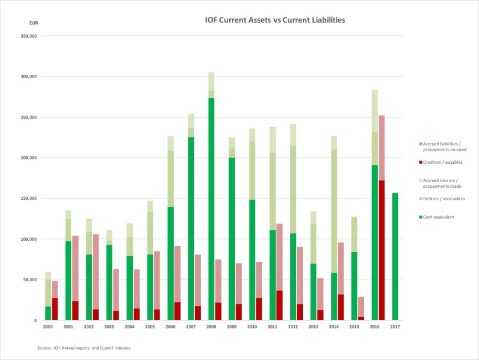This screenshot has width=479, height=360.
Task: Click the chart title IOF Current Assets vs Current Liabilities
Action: click(275, 20)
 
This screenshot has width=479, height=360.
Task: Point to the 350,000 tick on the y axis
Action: click(29, 36)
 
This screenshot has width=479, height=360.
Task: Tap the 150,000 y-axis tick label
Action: click(29, 199)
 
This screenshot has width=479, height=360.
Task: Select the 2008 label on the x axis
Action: click(211, 327)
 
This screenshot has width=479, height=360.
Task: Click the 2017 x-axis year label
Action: click(395, 327)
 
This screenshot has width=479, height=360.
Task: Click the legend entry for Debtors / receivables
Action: click(443, 199)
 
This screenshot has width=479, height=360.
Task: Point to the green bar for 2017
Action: click(395, 257)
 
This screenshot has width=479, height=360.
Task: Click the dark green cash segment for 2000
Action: click(48, 313)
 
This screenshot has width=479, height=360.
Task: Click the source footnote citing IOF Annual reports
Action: click(84, 347)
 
